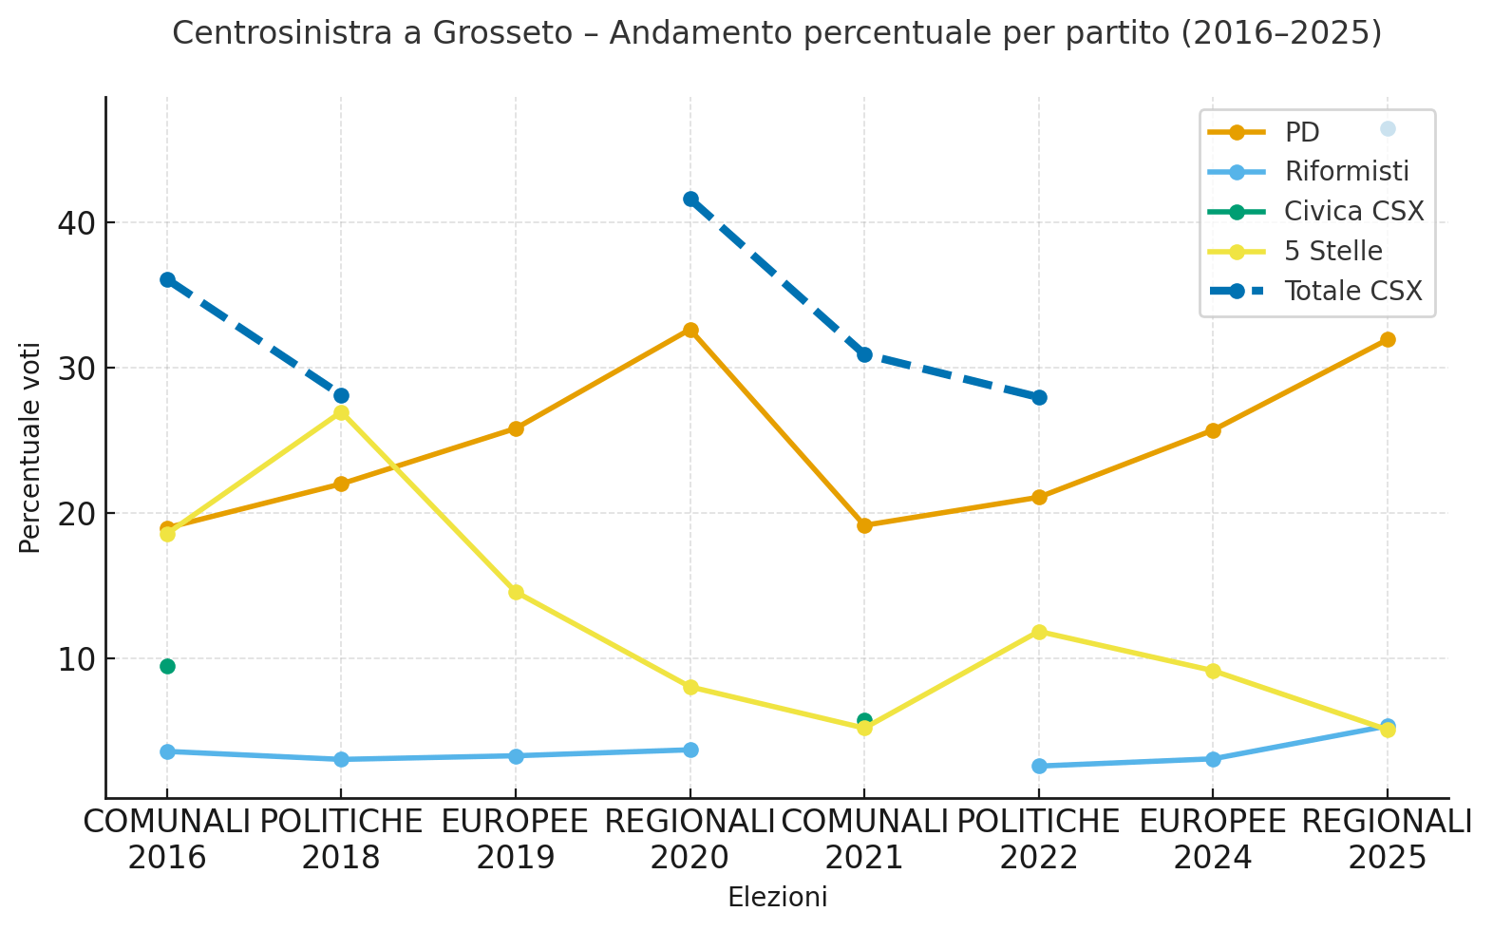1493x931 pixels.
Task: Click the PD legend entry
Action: [1301, 132]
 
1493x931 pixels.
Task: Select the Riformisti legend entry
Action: [1346, 172]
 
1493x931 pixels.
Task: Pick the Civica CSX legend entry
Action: [1353, 211]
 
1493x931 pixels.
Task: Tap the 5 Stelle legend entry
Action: [1332, 251]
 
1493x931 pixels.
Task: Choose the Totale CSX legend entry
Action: [1352, 291]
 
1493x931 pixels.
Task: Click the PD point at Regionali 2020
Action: [690, 330]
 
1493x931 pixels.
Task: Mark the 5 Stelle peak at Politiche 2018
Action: [341, 412]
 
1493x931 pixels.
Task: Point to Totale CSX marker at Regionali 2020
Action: [690, 199]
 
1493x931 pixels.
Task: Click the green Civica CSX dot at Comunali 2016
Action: [167, 666]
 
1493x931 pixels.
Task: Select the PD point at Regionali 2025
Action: [1387, 339]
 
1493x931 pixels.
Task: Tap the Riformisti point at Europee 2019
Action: [516, 756]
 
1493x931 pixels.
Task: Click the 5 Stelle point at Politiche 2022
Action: [1039, 632]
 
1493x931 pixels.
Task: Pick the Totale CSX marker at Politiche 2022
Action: [1039, 397]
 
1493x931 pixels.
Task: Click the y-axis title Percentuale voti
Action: [30, 447]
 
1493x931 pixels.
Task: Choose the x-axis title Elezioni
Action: [777, 897]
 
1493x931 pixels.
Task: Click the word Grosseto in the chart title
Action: [503, 33]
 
